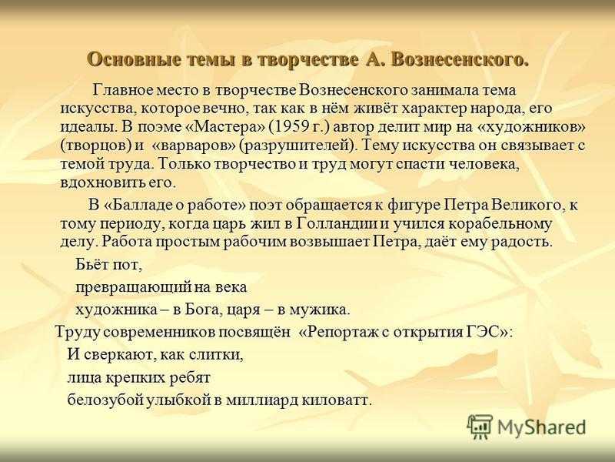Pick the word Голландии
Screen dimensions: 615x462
(x=337, y=223)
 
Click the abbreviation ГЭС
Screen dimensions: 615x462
(x=485, y=332)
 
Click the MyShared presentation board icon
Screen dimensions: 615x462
(x=480, y=427)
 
